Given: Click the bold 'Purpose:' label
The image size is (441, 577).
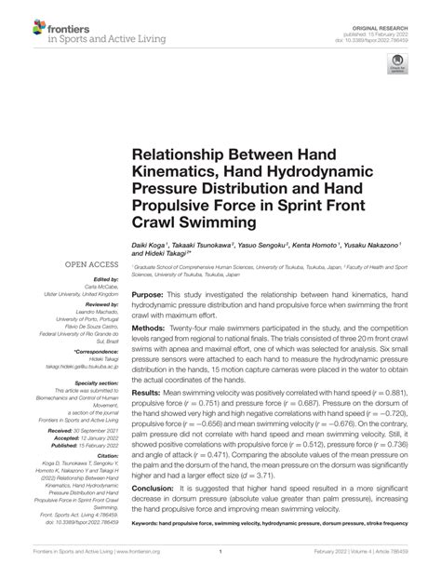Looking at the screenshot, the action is point(150,293).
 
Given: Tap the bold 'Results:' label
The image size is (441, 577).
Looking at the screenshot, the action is point(148,392).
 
